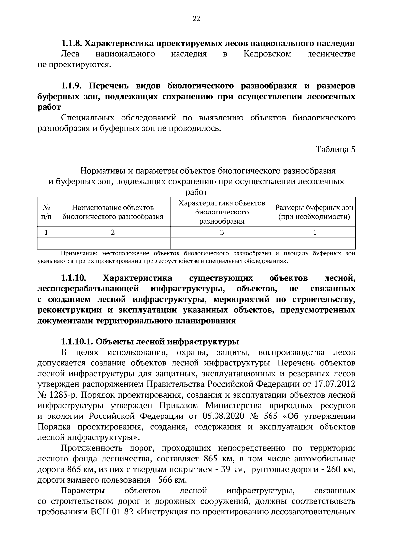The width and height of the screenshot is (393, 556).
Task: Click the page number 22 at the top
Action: (x=196, y=19)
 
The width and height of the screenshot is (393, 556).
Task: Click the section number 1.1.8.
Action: (x=72, y=43)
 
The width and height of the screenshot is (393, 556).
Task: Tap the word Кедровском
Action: (x=267, y=54)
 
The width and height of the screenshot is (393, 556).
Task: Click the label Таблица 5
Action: (x=335, y=149)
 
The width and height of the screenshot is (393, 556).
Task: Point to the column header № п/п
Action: (x=46, y=212)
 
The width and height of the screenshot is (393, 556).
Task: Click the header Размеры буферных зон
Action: (x=314, y=208)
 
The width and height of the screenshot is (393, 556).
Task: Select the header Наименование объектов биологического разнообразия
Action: (x=113, y=212)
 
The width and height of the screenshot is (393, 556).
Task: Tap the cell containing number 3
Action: (x=222, y=232)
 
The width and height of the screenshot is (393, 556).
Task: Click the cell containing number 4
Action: (x=314, y=232)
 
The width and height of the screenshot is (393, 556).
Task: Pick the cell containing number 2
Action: (x=113, y=232)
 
